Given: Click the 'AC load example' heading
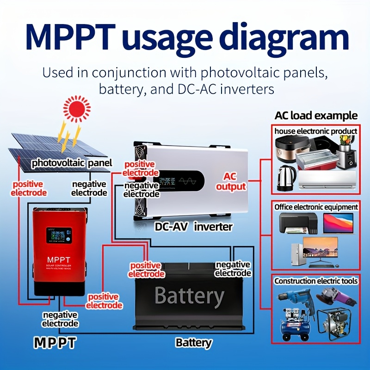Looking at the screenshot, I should [x=316, y=116].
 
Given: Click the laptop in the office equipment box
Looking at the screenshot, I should [x=338, y=224].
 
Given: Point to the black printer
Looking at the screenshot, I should [x=298, y=224].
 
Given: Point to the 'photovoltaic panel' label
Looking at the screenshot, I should [x=72, y=163].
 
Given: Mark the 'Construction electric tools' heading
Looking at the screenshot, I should [x=316, y=281].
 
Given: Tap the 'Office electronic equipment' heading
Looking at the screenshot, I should [x=316, y=207].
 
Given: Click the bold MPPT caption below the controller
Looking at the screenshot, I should [x=55, y=343].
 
